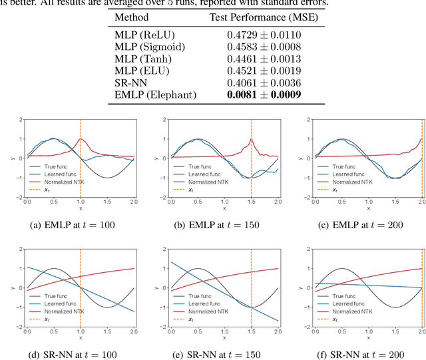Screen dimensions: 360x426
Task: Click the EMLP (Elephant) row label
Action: point(156,95)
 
